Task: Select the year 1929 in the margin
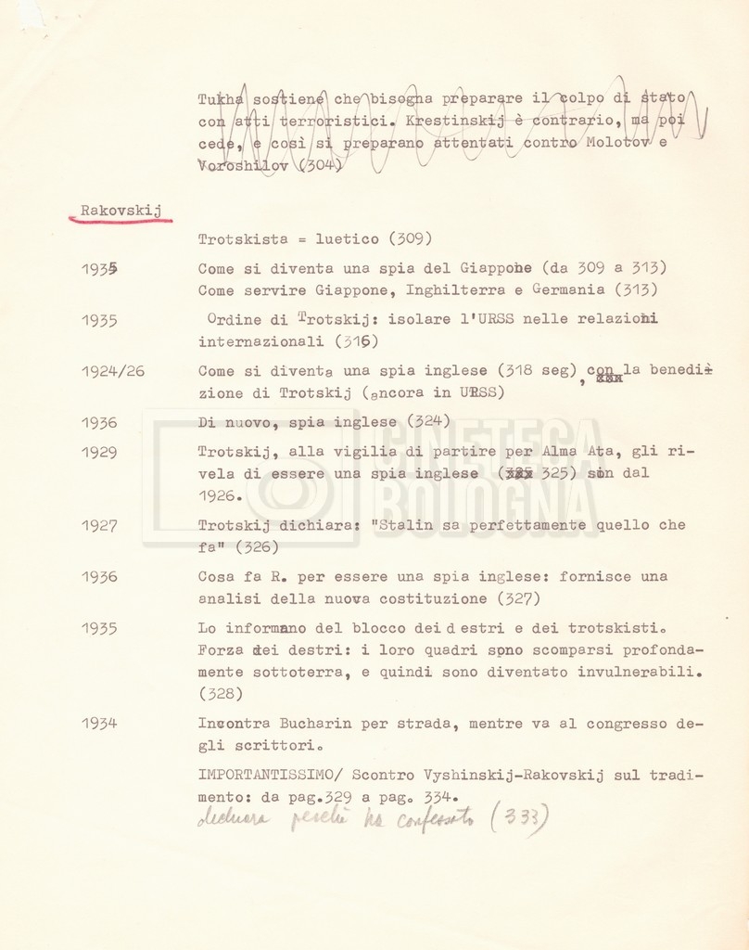[x=99, y=452]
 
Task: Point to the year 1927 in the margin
[x=99, y=525]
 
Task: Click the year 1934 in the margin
[x=99, y=723]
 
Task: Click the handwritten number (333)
[x=518, y=816]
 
